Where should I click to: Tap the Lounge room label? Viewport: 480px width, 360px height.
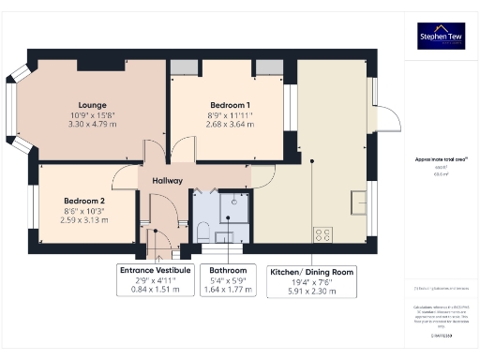[x=92, y=105]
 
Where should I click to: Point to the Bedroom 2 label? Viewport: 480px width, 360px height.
[x=84, y=201]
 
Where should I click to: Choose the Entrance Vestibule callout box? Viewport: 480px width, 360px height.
[x=155, y=279]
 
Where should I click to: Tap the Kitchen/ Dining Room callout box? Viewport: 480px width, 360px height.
[x=311, y=279]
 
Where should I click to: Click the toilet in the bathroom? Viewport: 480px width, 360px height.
[x=204, y=230]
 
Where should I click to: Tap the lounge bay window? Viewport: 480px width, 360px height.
[x=21, y=109]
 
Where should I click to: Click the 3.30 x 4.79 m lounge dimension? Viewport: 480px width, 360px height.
[x=92, y=124]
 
